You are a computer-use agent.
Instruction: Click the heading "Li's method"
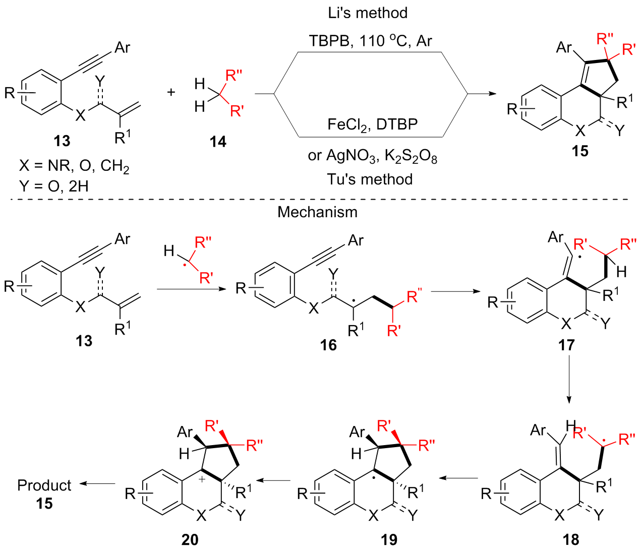(x=368, y=13)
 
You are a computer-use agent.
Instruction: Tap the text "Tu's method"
(x=370, y=179)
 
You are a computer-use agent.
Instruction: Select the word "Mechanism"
(x=317, y=212)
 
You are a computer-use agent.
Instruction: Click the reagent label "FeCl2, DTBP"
(x=372, y=125)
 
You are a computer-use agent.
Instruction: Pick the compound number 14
(x=218, y=142)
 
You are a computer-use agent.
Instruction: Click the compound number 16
(x=328, y=345)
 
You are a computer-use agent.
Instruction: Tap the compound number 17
(x=566, y=345)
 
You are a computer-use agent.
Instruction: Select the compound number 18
(x=571, y=540)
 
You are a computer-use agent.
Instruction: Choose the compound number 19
(x=389, y=540)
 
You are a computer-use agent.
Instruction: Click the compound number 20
(x=190, y=540)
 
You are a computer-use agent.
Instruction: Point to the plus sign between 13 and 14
(x=171, y=92)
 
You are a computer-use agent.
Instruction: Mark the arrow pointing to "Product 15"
(x=97, y=484)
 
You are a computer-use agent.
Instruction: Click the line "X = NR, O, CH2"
(x=74, y=166)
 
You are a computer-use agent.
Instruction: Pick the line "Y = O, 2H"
(x=54, y=186)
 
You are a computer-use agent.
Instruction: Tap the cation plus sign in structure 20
(x=201, y=479)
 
